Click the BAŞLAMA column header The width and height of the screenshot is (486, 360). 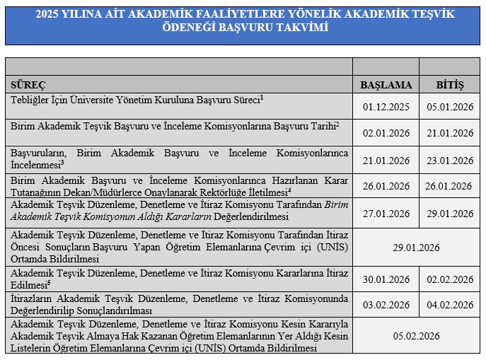click(x=386, y=85)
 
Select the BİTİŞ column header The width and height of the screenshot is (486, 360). click(x=450, y=85)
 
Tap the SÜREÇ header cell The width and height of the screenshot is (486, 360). click(x=27, y=85)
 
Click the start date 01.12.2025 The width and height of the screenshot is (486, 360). click(x=386, y=108)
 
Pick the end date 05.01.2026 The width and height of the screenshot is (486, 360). click(x=450, y=108)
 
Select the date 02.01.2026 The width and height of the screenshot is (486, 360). click(x=386, y=132)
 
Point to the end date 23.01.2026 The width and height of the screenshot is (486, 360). click(x=450, y=160)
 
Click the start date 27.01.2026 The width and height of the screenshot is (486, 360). click(x=386, y=213)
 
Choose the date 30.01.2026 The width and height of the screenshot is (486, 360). click(x=386, y=279)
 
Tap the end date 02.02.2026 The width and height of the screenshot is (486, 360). click(x=450, y=279)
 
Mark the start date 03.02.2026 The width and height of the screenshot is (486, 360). click(x=386, y=306)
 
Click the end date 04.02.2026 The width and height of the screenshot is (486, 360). click(x=450, y=306)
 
